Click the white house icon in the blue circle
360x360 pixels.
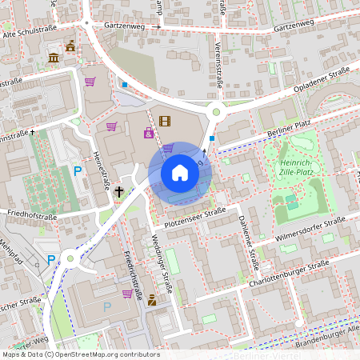(180, 173)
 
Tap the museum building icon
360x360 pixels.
(54, 58)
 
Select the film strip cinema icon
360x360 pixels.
(165, 122)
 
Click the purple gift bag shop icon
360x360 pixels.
(148, 133)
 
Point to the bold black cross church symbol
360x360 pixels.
(119, 191)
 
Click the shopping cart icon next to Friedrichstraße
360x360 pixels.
(127, 294)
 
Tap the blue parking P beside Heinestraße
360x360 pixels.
(78, 170)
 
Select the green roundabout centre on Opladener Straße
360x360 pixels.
(215, 113)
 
